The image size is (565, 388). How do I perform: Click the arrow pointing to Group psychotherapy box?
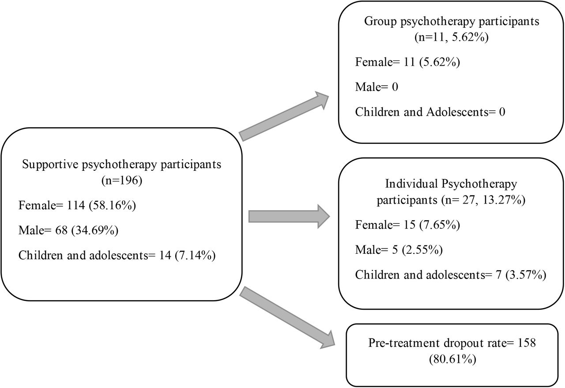pyautogui.click(x=284, y=116)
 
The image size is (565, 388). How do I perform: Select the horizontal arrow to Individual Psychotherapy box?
pyautogui.click(x=289, y=216)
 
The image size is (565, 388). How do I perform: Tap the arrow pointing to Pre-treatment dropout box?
pyautogui.click(x=287, y=318)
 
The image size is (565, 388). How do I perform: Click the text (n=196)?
pyautogui.click(x=121, y=181)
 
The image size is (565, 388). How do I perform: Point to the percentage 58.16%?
pyautogui.click(x=112, y=205)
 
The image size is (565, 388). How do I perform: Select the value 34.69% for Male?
pyautogui.click(x=95, y=230)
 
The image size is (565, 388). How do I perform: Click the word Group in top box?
pyautogui.click(x=380, y=22)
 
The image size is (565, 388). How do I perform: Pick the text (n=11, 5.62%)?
pyautogui.click(x=452, y=38)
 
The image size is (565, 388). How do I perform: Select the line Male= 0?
pyautogui.click(x=377, y=87)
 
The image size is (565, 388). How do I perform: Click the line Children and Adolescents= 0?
pyautogui.click(x=430, y=112)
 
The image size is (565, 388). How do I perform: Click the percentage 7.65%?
pyautogui.click(x=439, y=225)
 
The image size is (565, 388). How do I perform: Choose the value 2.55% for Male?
pyautogui.click(x=422, y=250)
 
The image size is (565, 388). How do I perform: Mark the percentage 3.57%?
pyautogui.click(x=526, y=275)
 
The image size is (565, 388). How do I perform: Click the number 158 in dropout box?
pyautogui.click(x=527, y=343)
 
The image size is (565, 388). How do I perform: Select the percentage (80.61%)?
pyautogui.click(x=452, y=359)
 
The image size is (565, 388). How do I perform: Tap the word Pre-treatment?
pyautogui.click(x=403, y=343)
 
